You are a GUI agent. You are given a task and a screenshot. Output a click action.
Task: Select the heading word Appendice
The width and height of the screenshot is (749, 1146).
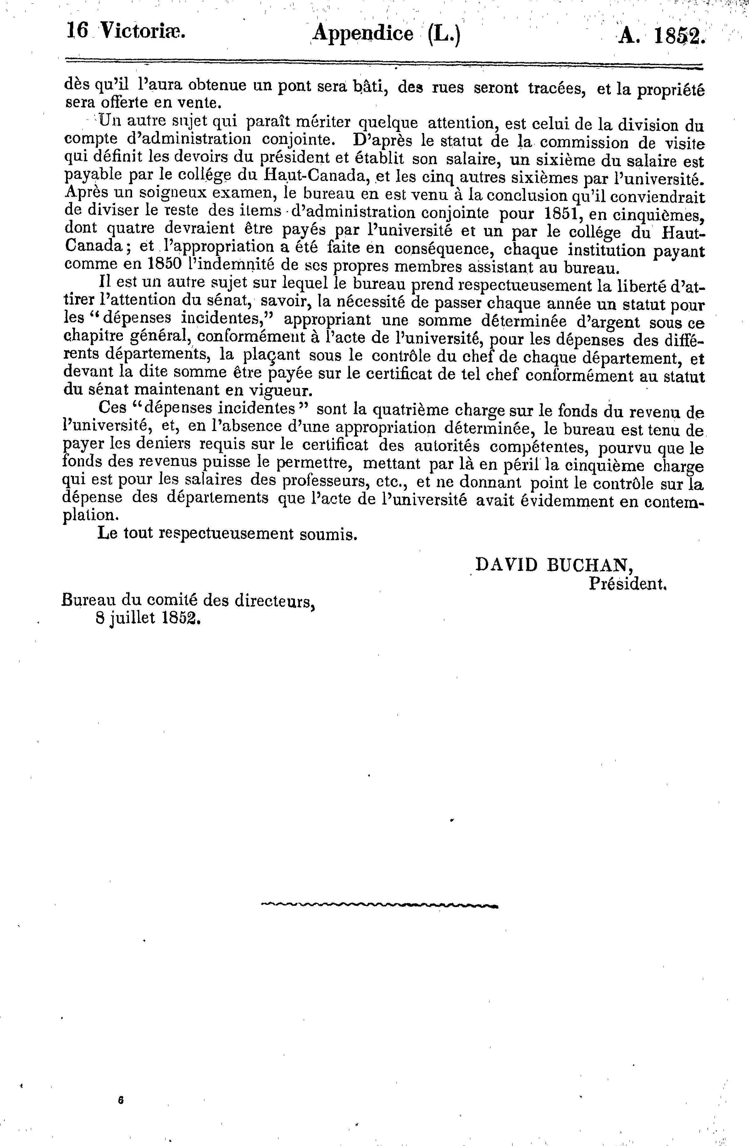point(363,34)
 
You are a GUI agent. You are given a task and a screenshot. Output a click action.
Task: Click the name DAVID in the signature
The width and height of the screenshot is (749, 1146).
point(505,565)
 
